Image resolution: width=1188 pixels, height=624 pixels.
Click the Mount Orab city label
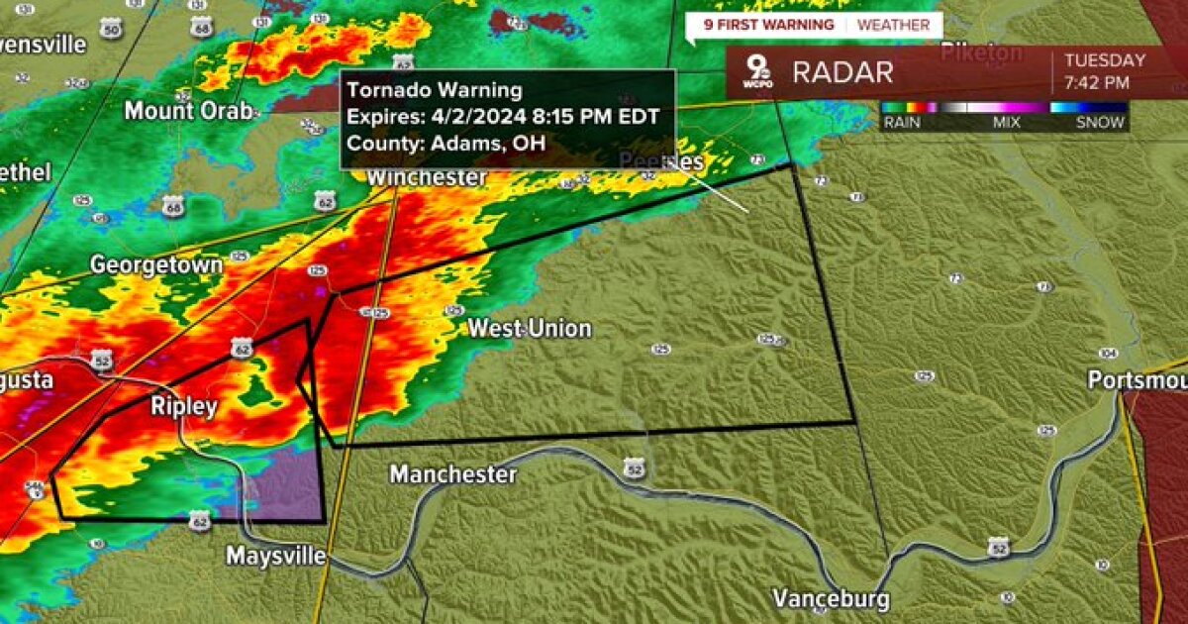188,110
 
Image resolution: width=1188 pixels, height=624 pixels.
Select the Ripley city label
184,406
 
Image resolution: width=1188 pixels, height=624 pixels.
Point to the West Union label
530,328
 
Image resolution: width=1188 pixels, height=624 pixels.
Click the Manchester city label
452,474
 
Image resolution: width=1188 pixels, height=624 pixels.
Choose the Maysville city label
276,556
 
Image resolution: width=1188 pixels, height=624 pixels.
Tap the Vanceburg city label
831,598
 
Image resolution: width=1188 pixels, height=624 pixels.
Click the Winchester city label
427,177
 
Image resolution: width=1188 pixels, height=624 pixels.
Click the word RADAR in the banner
841,72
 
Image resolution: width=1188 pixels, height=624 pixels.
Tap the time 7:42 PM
1097,83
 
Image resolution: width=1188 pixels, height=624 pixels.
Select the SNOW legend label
1100,123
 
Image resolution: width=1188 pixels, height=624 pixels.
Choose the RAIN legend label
903,123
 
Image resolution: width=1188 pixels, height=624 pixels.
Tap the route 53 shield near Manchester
635,466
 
